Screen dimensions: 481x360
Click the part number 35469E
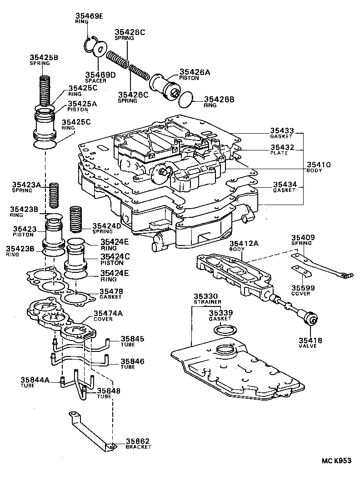click(89, 17)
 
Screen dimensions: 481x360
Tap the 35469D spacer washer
click(100, 49)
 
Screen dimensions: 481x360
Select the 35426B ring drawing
click(185, 99)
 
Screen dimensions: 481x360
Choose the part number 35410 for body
click(318, 165)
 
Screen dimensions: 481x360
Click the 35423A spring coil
click(55, 195)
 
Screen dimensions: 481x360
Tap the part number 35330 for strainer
click(207, 296)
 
